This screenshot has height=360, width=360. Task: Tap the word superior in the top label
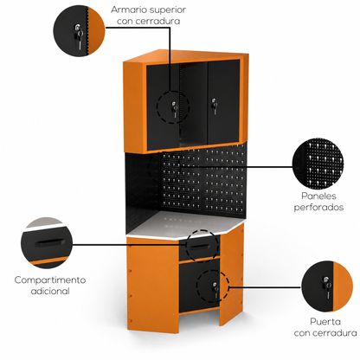168,10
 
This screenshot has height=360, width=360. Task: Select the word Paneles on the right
318,196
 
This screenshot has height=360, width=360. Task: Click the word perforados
318,208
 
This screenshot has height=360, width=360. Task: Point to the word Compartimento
50,280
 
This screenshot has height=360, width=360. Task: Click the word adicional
50,291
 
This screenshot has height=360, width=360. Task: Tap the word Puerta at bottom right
325,321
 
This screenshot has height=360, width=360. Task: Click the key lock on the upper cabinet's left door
174,109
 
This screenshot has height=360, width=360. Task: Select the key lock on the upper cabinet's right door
214,106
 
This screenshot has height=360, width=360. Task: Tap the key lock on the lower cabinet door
215,290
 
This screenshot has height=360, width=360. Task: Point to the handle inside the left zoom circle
49,242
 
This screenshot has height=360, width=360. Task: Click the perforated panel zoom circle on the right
318,164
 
